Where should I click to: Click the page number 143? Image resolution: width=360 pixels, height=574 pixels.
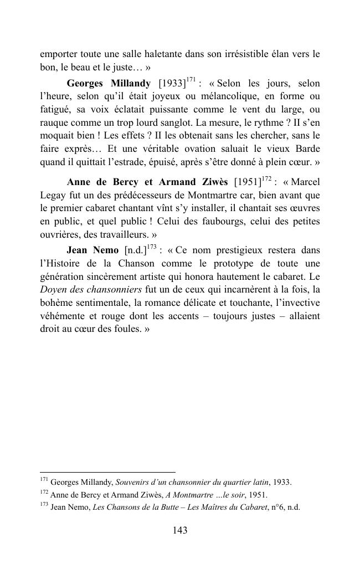pos(180,530)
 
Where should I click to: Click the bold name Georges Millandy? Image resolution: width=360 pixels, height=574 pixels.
pos(109,84)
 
